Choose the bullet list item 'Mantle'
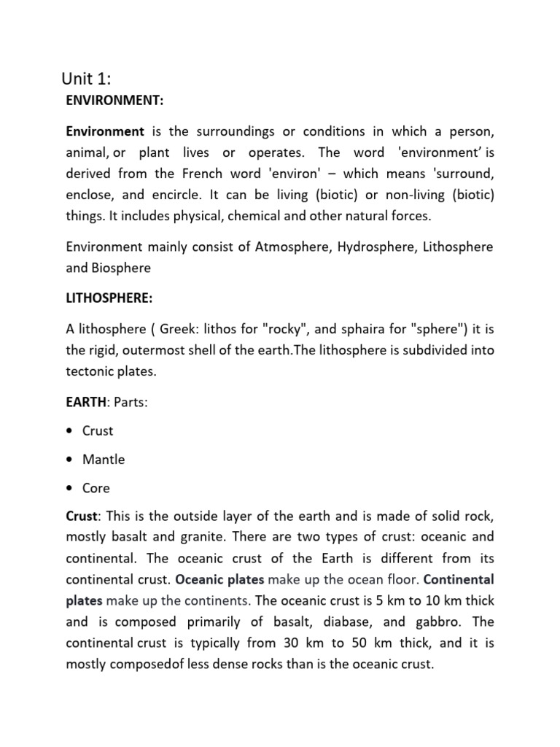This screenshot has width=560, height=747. pyautogui.click(x=104, y=460)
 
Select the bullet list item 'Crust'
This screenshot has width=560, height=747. pyautogui.click(x=98, y=431)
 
